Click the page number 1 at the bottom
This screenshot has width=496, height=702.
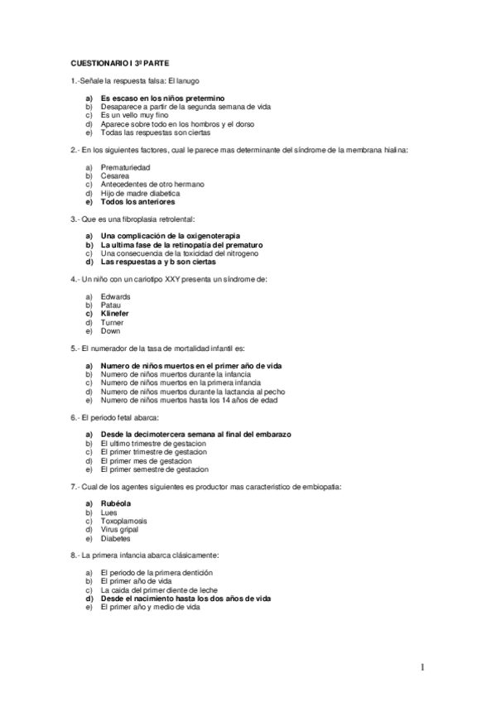coord(421,667)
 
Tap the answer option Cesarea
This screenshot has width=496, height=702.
coord(114,175)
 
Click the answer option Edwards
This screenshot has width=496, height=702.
coord(115,296)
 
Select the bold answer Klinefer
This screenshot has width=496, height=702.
coord(115,314)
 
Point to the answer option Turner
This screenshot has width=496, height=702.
coord(113,322)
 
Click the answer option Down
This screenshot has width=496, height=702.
coord(111,331)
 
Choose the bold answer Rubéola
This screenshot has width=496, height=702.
coord(115,503)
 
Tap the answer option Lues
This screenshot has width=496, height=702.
coord(109,512)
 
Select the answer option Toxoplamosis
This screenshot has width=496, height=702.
coord(124,521)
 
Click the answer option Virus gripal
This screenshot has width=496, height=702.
coord(119,529)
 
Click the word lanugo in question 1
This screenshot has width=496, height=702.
coord(187,80)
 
